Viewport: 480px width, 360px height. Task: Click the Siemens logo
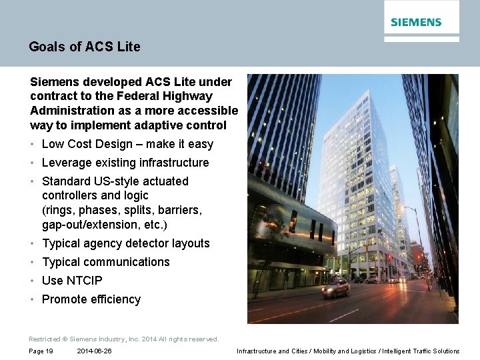(416, 22)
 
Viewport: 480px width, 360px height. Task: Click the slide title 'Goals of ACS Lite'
(85, 47)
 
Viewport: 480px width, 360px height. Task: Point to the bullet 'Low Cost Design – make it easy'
(127, 144)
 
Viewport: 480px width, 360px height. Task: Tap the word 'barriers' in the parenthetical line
(180, 210)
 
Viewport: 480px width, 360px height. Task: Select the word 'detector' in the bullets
(150, 243)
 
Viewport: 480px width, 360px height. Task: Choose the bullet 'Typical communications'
(105, 262)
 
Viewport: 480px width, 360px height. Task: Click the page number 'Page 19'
(41, 351)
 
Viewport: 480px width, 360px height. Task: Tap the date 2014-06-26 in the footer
(94, 351)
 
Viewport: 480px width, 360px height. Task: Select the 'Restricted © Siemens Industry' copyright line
(123, 339)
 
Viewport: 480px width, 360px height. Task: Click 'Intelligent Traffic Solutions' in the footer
(421, 351)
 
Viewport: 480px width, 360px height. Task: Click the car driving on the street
(335, 287)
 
